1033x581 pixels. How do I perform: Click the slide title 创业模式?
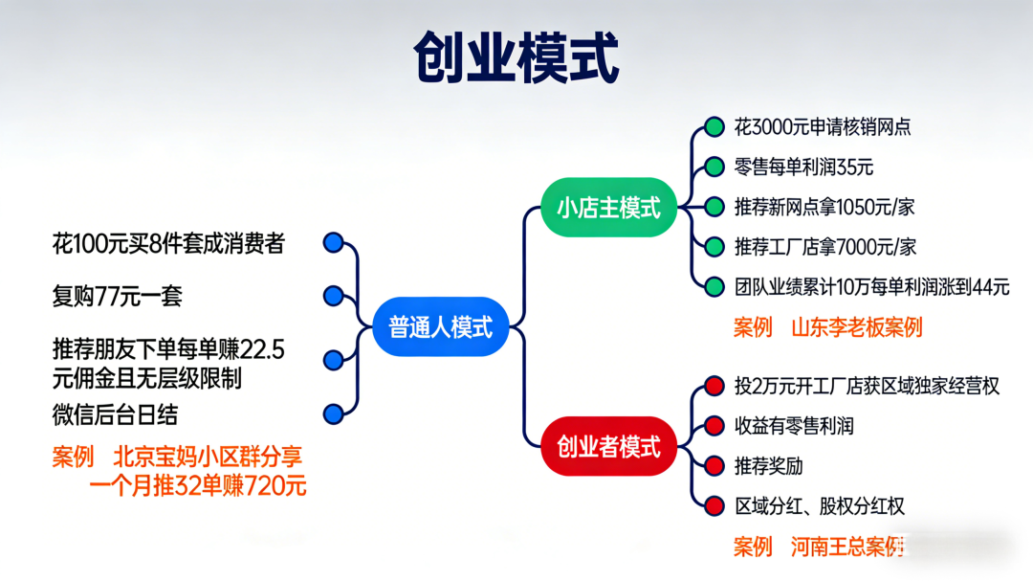pyautogui.click(x=516, y=58)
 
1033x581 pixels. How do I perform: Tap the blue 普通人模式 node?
pyautogui.click(x=440, y=327)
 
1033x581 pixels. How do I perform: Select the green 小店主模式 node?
pyautogui.click(x=609, y=207)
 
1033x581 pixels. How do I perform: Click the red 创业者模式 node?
pyautogui.click(x=609, y=446)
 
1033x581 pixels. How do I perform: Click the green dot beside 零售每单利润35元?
pyautogui.click(x=714, y=167)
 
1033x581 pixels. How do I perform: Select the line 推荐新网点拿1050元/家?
pyautogui.click(x=824, y=207)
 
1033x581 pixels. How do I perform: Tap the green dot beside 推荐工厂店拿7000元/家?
pyautogui.click(x=714, y=246)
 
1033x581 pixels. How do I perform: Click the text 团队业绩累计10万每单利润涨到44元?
pyautogui.click(x=871, y=286)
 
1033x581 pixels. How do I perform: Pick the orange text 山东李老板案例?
pyautogui.click(x=856, y=327)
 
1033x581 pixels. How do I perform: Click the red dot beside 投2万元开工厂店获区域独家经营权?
pyautogui.click(x=714, y=386)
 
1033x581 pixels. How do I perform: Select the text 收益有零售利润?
pyautogui.click(x=793, y=426)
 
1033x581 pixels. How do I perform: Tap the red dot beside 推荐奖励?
pyautogui.click(x=714, y=466)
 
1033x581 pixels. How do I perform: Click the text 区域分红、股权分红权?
pyautogui.click(x=819, y=506)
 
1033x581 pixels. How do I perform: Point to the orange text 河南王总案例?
pyautogui.click(x=847, y=547)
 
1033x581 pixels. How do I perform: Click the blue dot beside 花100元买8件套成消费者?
pyautogui.click(x=333, y=243)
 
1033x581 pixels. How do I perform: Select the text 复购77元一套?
pyautogui.click(x=117, y=296)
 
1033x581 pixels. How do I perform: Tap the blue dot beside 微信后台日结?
pyautogui.click(x=333, y=413)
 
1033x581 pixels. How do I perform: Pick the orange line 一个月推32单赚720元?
pyautogui.click(x=198, y=485)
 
